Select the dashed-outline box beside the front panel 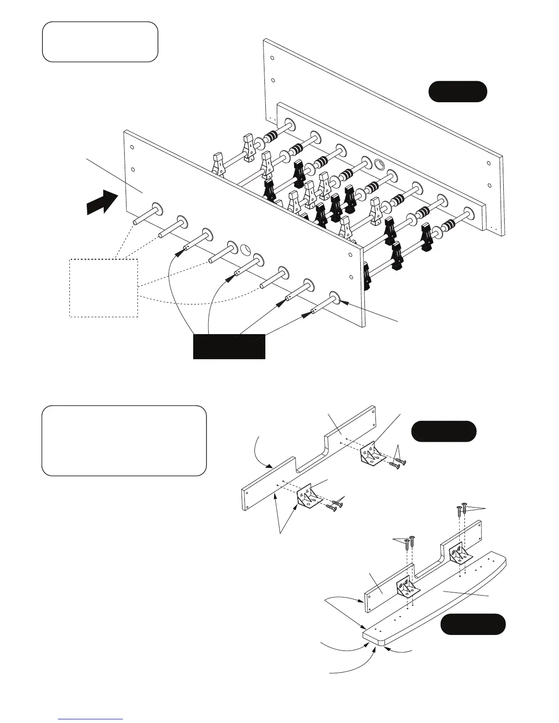tap(103, 288)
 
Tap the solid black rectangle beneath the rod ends tap(229, 346)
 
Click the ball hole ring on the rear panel tap(380, 164)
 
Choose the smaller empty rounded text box tap(100, 42)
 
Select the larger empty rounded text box tap(124, 440)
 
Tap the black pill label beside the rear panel tap(457, 91)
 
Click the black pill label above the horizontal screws tap(443, 431)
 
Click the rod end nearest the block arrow tap(136, 222)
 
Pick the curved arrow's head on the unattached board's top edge tap(272, 466)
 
